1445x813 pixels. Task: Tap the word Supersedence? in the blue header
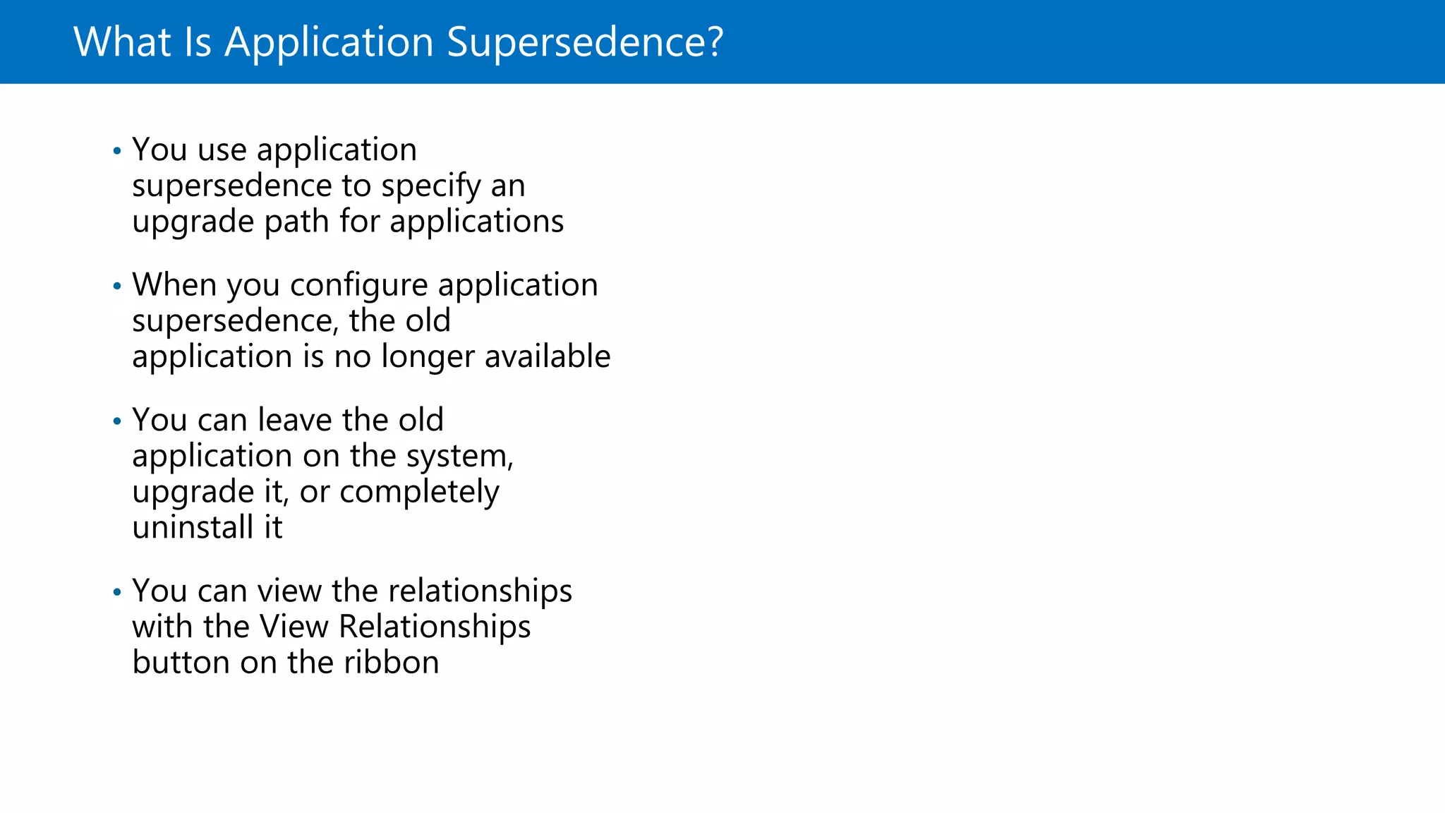(585, 42)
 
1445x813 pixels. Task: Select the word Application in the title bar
(329, 43)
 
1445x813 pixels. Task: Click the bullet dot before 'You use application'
(117, 151)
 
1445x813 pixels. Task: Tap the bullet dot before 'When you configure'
(117, 286)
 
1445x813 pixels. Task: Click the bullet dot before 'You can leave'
(117, 421)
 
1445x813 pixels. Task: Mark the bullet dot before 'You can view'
(117, 592)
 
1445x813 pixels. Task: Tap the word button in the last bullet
(181, 663)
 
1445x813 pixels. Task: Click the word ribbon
(392, 663)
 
